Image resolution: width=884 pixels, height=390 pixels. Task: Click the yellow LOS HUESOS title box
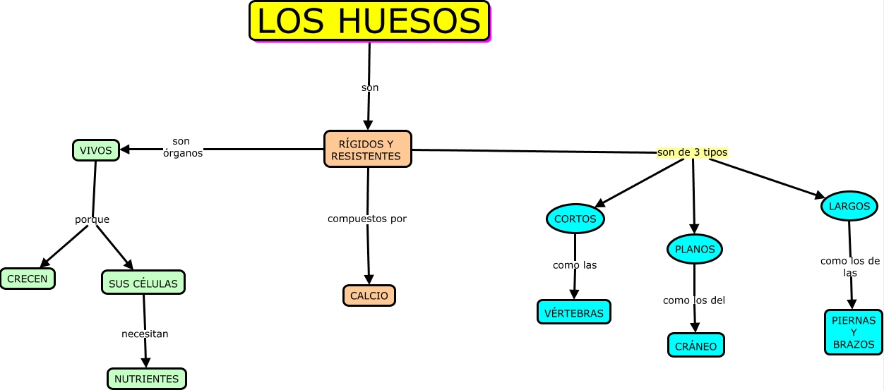369,21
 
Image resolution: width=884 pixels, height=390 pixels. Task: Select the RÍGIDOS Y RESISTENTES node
367,150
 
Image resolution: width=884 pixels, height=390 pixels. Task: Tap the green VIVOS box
95,150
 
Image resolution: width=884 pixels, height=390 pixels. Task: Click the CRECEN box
28,279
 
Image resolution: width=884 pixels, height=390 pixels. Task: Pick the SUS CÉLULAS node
143,283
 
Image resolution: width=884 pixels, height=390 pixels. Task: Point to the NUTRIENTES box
147,379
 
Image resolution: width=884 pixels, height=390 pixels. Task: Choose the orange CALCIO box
369,295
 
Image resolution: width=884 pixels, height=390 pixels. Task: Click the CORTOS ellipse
575,219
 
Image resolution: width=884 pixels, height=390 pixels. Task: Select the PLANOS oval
695,249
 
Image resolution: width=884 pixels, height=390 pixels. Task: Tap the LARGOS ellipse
849,206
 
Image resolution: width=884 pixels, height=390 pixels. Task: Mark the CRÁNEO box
695,346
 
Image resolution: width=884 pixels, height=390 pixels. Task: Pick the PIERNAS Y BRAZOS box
854,332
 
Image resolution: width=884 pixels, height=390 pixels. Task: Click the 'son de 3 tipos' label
692,152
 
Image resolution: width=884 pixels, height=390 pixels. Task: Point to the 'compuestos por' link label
367,219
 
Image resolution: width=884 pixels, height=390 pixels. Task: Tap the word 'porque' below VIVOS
92,219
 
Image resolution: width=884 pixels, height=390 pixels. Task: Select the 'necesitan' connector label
145,334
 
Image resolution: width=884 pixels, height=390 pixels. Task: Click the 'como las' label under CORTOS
575,265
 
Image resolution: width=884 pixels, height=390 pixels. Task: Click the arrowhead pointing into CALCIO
369,280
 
